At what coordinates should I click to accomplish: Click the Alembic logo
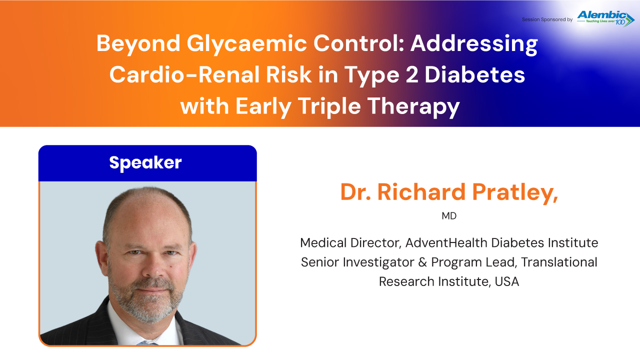pos(605,19)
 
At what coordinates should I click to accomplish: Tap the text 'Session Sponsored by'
pos(547,19)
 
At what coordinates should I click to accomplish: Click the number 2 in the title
pos(411,75)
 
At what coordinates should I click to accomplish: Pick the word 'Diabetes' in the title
pos(475,75)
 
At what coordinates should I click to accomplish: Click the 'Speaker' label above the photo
pos(145,163)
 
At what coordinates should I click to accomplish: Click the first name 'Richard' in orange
pos(421,191)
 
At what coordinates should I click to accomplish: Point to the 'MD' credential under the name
pos(449,216)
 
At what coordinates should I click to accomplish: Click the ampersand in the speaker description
pos(422,262)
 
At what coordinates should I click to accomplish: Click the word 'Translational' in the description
pos(559,262)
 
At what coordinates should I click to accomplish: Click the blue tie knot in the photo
pos(146,343)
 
